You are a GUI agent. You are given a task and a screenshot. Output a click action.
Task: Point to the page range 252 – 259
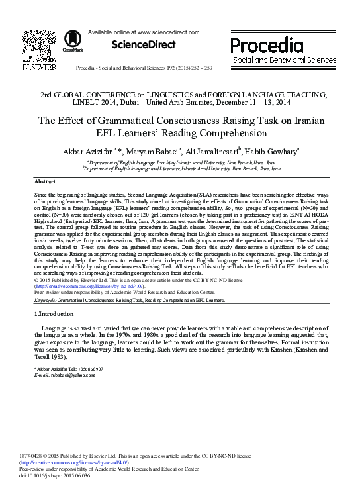202,68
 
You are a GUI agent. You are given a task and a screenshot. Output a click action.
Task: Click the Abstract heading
44,181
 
